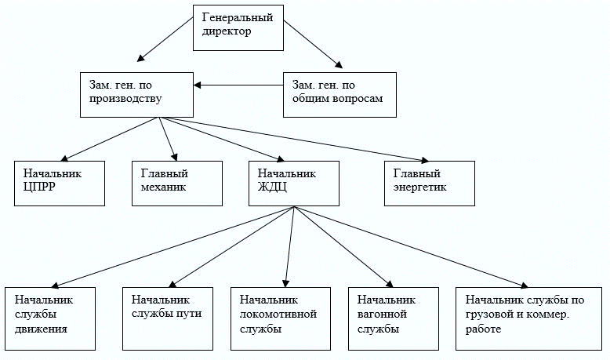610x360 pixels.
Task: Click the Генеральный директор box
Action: pyautogui.click(x=238, y=27)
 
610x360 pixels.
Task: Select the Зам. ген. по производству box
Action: pyautogui.click(x=136, y=95)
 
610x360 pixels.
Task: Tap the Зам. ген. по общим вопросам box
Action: pyautogui.click(x=339, y=95)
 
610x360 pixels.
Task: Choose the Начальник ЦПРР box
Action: pyautogui.click(x=60, y=184)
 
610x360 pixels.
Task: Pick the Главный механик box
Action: pyautogui.click(x=177, y=184)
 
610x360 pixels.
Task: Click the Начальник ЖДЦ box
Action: pyautogui.click(x=294, y=184)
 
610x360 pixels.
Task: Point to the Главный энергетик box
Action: pyautogui.click(x=430, y=184)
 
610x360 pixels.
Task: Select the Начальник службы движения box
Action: pyautogui.click(x=50, y=318)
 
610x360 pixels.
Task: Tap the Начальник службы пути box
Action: pyautogui.click(x=168, y=318)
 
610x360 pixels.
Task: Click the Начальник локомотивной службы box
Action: pyautogui.click(x=281, y=318)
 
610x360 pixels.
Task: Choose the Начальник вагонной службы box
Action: pyautogui.click(x=394, y=318)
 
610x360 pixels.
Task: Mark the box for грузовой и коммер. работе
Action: pyautogui.click(x=528, y=318)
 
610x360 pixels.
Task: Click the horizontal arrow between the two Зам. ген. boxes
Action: pyautogui.click(x=238, y=85)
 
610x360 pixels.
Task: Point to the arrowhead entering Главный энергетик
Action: pyautogui.click(x=425, y=159)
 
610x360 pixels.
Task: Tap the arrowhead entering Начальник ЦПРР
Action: pyautogui.click(x=64, y=158)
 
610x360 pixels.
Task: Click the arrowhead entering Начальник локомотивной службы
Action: pyautogui.click(x=286, y=283)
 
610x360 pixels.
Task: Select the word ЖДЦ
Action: pyautogui.click(x=272, y=187)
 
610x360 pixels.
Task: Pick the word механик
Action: pyautogui.click(x=163, y=187)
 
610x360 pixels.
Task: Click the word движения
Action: pyautogui.click(x=41, y=329)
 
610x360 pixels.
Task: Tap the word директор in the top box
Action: pyautogui.click(x=227, y=31)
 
